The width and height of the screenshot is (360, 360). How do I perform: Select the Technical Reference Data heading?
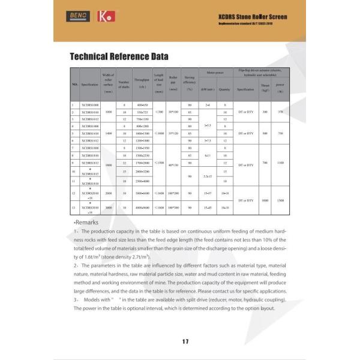click(119, 57)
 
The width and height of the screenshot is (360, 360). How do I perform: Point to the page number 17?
click(185, 341)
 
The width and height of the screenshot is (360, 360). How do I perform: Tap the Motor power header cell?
click(215, 72)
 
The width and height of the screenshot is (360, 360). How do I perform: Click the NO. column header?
click(75, 85)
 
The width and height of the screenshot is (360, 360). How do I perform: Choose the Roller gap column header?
click(173, 84)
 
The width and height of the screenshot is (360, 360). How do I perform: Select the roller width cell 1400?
click(109, 133)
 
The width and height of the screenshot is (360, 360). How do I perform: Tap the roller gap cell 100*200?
click(173, 194)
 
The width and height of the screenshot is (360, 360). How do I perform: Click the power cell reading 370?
click(280, 112)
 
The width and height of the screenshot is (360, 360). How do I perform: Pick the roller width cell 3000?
click(109, 208)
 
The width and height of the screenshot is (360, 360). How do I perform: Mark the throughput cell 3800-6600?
click(142, 194)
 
